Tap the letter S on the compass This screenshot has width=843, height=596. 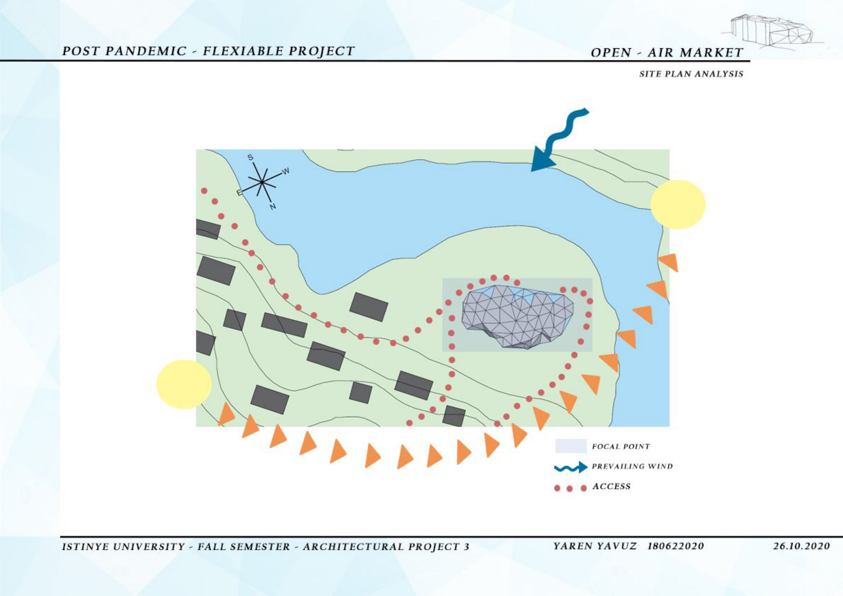click(x=250, y=157)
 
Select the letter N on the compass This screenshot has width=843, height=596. click(x=272, y=206)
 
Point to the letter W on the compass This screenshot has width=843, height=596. click(x=286, y=171)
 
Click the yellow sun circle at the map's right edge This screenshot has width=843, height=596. click(x=678, y=205)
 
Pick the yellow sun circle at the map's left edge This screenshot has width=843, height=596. click(x=184, y=384)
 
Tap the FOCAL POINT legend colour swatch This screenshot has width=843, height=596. click(x=571, y=446)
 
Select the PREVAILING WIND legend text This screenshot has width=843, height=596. click(x=632, y=466)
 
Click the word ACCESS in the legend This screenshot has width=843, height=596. click(x=611, y=486)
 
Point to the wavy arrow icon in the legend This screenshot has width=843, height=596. click(x=571, y=467)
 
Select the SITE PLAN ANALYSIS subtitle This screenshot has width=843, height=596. click(x=691, y=74)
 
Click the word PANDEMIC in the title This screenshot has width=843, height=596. click(x=147, y=51)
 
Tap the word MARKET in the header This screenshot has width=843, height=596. click(x=711, y=52)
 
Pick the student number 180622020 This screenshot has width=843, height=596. click(x=676, y=546)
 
